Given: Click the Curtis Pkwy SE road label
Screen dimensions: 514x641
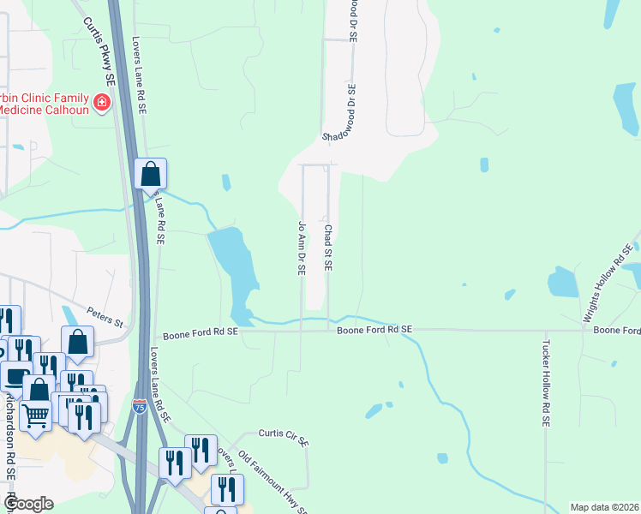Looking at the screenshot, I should pos(99,51).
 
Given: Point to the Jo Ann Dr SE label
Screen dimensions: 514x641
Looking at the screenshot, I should pos(302,247).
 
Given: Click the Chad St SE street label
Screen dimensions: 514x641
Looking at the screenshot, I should pos(327,247).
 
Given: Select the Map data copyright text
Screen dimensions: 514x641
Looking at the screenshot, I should pos(604,507).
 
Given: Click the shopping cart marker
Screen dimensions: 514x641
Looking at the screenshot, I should pos(35,415).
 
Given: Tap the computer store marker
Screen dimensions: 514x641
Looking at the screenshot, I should pos(16,374).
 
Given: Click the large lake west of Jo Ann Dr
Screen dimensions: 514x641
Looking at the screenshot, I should pos(236,266).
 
